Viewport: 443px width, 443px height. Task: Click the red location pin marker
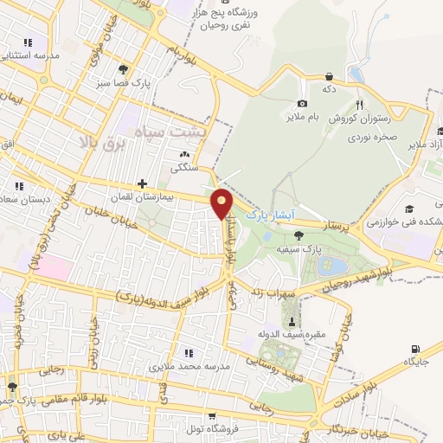[x=224, y=202]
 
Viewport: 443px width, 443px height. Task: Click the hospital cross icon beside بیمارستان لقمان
[x=142, y=183]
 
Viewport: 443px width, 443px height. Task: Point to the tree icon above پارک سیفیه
[x=299, y=234]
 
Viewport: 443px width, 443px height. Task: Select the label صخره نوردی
[x=375, y=137]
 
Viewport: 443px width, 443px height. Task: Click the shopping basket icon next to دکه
[x=328, y=75]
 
